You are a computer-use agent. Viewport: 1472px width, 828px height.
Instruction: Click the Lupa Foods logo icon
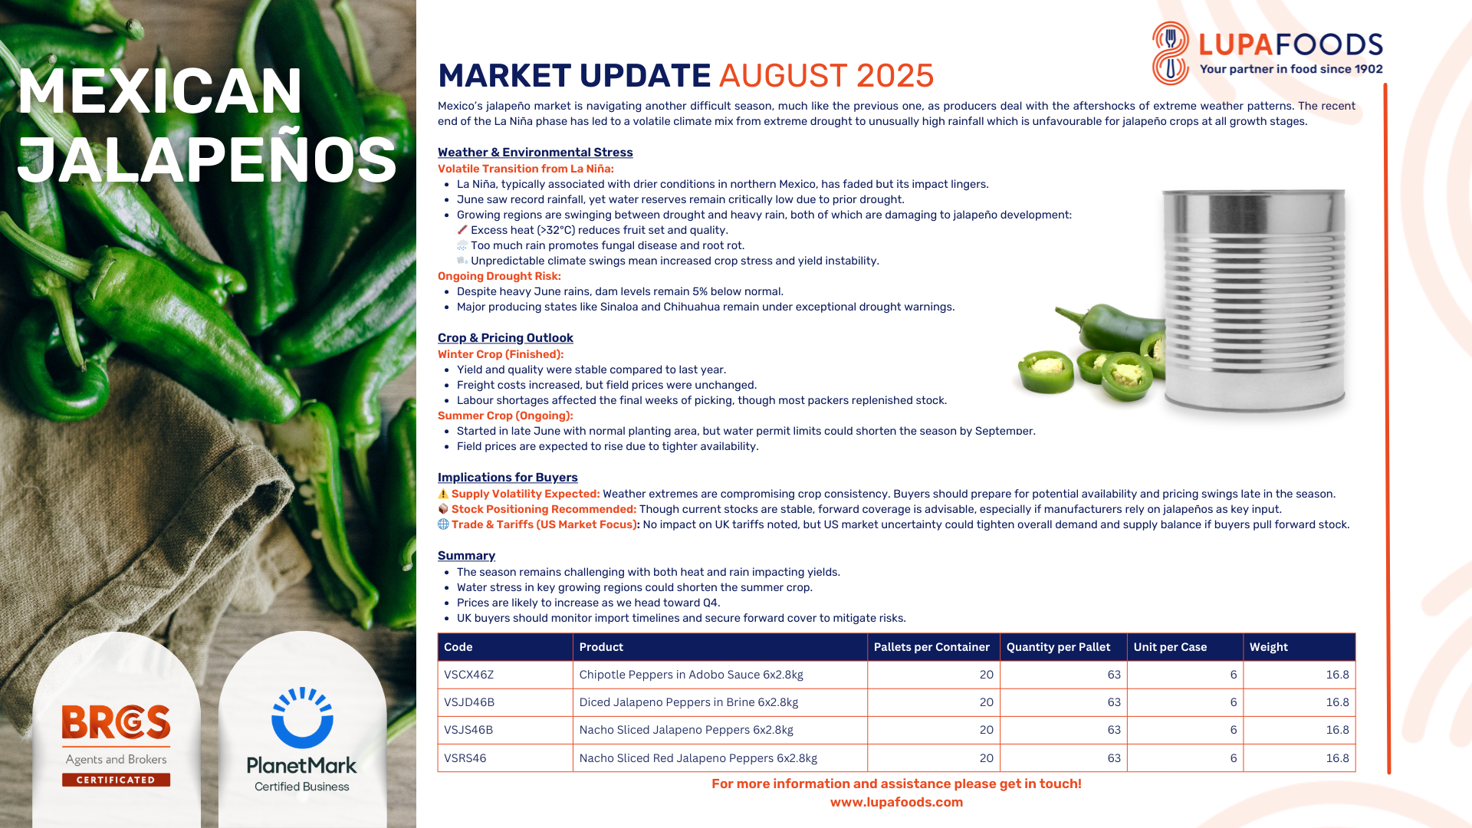tap(1170, 52)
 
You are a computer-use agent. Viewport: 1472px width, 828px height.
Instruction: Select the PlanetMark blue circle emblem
tap(302, 718)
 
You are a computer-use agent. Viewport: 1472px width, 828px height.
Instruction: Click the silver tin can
tap(1254, 301)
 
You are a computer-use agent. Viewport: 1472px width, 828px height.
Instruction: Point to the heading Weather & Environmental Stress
tap(535, 153)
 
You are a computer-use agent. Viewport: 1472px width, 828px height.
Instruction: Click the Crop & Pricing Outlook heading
tap(505, 338)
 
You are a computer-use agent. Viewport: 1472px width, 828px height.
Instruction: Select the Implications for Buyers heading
tap(508, 478)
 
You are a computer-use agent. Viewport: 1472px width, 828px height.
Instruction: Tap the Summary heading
tap(466, 556)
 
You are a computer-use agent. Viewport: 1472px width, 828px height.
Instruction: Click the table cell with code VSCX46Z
tap(505, 675)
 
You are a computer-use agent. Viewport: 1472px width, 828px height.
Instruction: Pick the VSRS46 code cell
tap(505, 758)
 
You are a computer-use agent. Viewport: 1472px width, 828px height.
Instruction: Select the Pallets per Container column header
tap(933, 647)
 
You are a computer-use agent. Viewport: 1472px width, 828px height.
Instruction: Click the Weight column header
tap(1299, 647)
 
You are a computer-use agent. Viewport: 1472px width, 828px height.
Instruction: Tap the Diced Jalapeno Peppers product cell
tap(720, 702)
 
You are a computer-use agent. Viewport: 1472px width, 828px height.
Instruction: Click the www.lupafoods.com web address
tap(896, 802)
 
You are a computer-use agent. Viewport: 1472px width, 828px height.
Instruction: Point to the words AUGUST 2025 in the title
tap(826, 76)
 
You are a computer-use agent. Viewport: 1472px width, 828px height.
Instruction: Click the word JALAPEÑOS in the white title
tap(207, 159)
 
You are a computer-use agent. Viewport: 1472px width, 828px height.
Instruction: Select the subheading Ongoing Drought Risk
tap(499, 276)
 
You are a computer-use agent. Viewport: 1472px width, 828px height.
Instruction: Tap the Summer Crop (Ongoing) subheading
tap(505, 416)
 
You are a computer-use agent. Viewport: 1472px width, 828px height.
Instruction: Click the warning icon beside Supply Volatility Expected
tap(443, 494)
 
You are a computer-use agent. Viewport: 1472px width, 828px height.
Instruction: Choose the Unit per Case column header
tap(1185, 647)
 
